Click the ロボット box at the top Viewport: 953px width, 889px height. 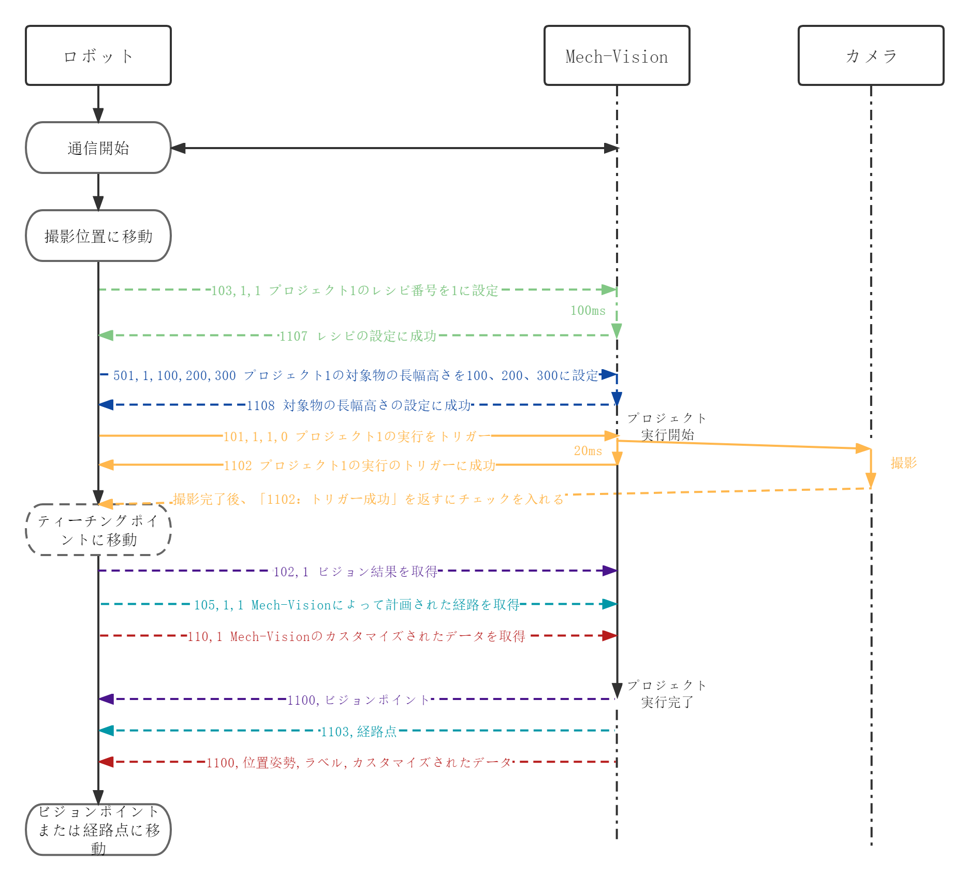pos(98,55)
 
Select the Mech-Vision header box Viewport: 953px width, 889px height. pos(617,55)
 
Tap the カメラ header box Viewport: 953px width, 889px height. pos(871,55)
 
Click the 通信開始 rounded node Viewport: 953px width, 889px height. pos(98,148)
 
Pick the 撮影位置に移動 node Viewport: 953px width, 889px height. pos(98,236)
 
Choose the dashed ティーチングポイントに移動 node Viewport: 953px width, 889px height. pos(98,530)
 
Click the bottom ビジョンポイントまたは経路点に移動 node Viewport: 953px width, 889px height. pos(98,829)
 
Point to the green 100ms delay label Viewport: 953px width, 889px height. pos(588,311)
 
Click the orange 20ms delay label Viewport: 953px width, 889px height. pos(588,451)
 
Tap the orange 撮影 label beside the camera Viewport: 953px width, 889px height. pos(903,463)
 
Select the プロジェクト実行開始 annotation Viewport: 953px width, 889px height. pos(667,427)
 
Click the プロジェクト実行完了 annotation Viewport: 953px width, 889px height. pos(667,694)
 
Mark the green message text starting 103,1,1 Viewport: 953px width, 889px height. pos(355,290)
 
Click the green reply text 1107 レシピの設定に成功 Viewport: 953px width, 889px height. pos(358,336)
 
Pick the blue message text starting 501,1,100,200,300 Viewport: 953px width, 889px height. pos(356,375)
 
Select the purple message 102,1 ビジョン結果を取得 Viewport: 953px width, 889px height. pos(355,572)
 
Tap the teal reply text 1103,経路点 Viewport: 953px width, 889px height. pos(359,732)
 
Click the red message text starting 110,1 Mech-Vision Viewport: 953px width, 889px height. pos(356,636)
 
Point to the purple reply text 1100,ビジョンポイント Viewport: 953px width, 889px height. pos(358,700)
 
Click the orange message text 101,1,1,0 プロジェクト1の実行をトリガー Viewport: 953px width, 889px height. pos(356,436)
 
